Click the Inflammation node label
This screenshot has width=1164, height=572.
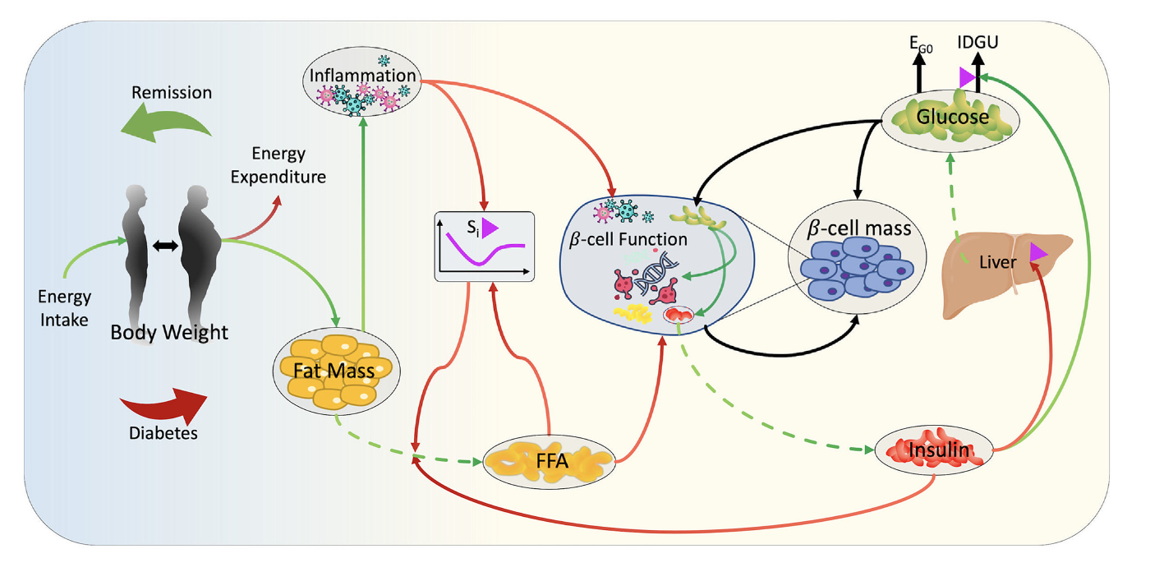(x=361, y=76)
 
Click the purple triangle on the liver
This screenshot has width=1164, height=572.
(x=1037, y=255)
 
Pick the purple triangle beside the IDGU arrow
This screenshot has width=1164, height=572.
(x=967, y=77)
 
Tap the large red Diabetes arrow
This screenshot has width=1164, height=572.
(x=164, y=403)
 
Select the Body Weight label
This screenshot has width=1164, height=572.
(x=169, y=334)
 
